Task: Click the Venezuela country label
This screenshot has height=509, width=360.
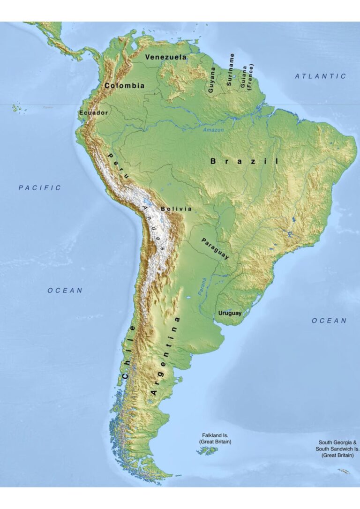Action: [x=165, y=57]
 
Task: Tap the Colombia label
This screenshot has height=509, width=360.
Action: [x=124, y=86]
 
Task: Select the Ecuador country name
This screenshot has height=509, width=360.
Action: [x=94, y=113]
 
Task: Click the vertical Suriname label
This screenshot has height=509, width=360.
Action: [x=231, y=69]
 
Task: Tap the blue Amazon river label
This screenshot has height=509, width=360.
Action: [x=213, y=130]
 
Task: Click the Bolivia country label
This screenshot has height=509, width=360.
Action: [x=176, y=209]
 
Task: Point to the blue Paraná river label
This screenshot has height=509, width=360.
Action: [x=202, y=287]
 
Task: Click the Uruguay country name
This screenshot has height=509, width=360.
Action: [x=230, y=313]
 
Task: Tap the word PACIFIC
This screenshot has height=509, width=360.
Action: [x=40, y=187]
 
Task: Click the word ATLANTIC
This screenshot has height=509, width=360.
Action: [x=321, y=76]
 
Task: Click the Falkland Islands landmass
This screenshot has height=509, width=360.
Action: [x=207, y=451]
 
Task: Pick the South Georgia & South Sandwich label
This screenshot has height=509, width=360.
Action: [x=338, y=449]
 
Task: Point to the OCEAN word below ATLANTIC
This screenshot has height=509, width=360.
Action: [x=330, y=321]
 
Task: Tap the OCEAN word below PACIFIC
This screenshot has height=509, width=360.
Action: [x=65, y=291]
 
